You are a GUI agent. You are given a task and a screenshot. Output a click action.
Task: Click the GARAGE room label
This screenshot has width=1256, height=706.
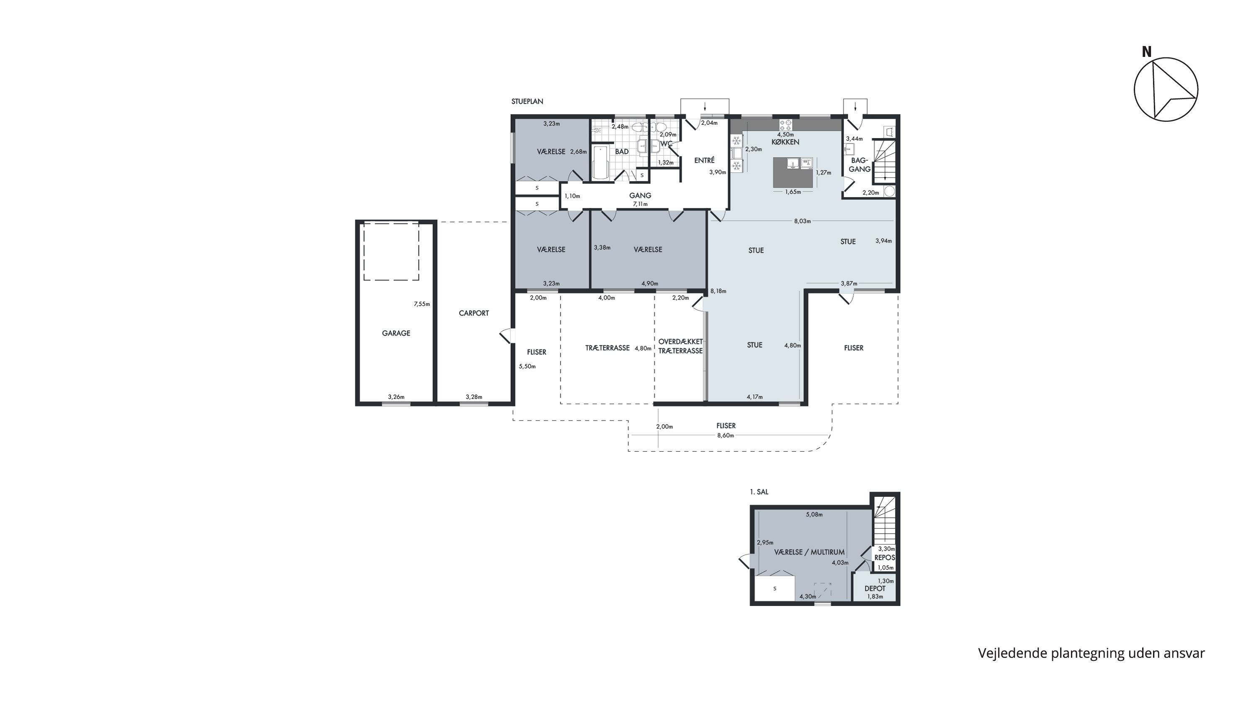(x=396, y=333)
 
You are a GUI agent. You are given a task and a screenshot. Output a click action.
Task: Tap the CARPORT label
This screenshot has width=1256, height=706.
(x=474, y=313)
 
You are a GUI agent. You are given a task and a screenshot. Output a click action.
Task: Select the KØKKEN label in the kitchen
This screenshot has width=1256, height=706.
(x=785, y=142)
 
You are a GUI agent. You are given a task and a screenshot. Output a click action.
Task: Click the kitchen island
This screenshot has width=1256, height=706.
(x=793, y=172)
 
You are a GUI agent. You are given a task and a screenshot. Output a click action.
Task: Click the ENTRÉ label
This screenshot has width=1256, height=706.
(x=704, y=160)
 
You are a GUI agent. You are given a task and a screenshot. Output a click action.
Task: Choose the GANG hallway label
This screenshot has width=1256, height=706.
(x=640, y=195)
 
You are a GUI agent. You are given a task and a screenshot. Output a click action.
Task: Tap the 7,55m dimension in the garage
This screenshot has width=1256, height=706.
(x=422, y=304)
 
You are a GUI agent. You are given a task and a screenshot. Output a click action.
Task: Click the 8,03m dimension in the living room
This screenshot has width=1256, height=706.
(x=802, y=221)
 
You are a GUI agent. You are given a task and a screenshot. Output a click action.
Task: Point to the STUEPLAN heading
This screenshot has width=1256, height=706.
(x=527, y=102)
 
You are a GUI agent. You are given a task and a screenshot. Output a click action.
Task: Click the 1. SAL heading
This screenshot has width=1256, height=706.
(x=759, y=492)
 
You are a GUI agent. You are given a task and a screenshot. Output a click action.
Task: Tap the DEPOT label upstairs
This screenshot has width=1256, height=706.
(x=875, y=588)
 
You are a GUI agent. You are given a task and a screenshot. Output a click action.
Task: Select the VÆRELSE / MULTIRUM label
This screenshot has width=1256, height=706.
(x=809, y=552)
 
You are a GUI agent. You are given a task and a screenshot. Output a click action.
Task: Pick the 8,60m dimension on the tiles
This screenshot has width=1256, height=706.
(x=726, y=436)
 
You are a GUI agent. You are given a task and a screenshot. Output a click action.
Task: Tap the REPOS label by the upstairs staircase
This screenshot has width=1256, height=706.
(x=885, y=558)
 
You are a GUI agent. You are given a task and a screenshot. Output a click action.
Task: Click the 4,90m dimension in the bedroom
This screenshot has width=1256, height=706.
(x=649, y=284)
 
